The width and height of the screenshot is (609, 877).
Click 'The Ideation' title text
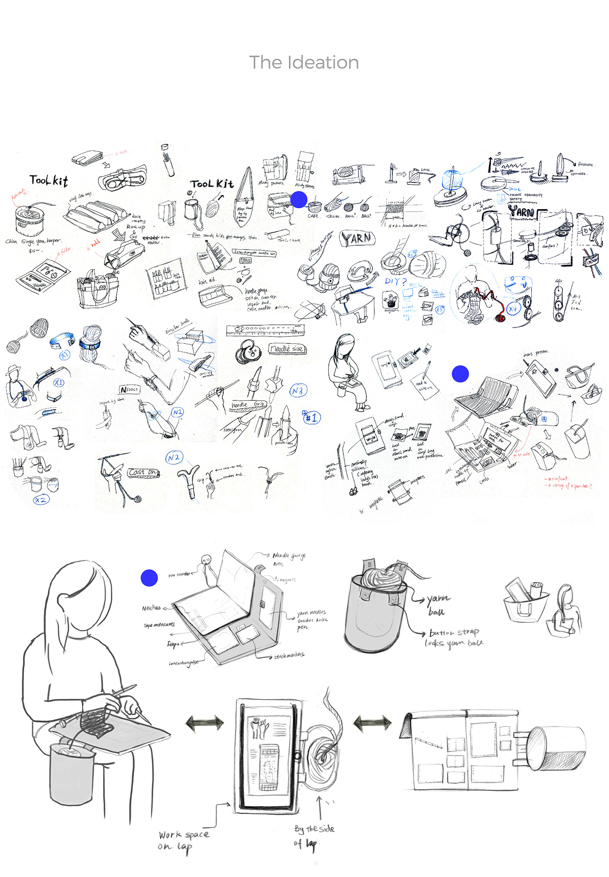click(304, 63)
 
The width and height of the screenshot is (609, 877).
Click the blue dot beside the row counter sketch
click(149, 578)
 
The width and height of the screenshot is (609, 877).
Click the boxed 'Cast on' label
click(143, 472)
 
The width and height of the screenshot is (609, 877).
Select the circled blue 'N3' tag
click(298, 391)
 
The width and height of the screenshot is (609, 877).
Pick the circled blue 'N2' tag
click(174, 457)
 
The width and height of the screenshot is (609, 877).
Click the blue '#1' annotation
click(311, 418)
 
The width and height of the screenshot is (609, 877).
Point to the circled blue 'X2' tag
click(41, 500)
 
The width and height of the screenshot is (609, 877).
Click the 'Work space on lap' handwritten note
click(183, 840)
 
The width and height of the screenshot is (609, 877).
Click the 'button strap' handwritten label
click(454, 633)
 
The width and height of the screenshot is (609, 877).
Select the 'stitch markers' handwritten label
click(289, 656)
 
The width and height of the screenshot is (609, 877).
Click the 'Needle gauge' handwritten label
click(289, 556)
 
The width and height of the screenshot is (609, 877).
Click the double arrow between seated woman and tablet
click(204, 723)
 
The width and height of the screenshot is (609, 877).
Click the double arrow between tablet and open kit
click(372, 723)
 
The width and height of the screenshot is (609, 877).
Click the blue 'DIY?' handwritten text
click(395, 281)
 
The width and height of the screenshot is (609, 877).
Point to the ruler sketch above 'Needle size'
click(265, 330)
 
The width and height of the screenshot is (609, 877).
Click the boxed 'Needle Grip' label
click(248, 405)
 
